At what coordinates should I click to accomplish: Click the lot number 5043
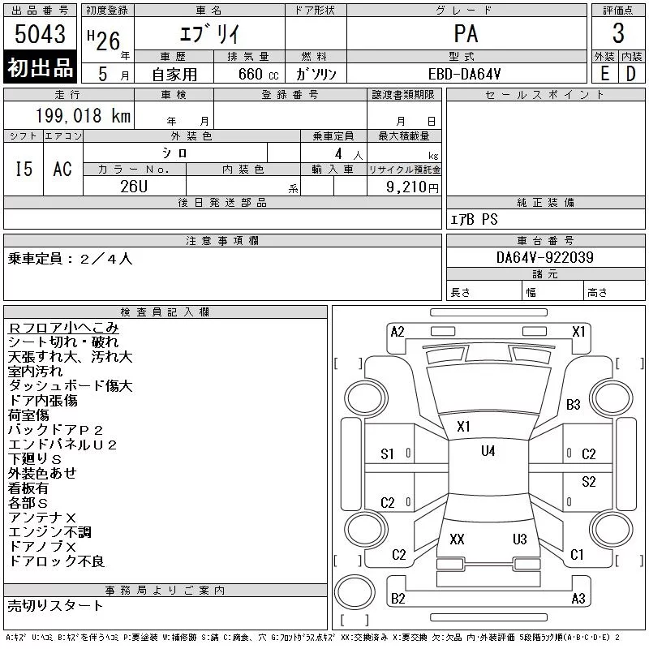coord(40,33)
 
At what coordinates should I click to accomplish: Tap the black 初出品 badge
coord(40,67)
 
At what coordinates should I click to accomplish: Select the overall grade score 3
coord(618,33)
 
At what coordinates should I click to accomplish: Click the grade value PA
coord(466,33)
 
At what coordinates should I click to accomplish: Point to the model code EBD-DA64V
coord(464,74)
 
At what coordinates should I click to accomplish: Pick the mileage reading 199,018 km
coord(83,115)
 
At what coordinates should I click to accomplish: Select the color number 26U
coord(134,187)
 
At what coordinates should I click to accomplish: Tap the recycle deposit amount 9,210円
coord(412,187)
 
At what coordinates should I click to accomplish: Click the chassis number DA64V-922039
coord(544,257)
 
